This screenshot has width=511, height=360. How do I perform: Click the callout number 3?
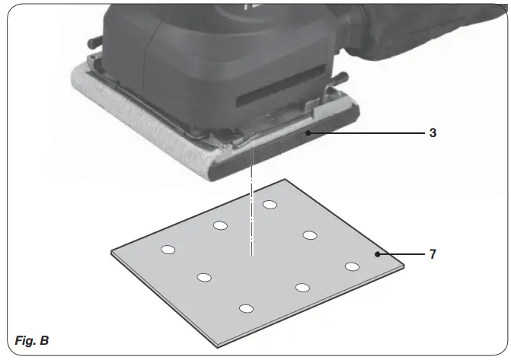pyautogui.click(x=433, y=132)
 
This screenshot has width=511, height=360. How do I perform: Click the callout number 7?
pyautogui.click(x=433, y=254)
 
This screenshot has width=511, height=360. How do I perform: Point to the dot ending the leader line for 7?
pyautogui.click(x=376, y=254)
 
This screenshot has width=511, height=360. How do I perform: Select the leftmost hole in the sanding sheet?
pyautogui.click(x=168, y=250)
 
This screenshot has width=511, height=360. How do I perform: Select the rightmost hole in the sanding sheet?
pyautogui.click(x=352, y=266)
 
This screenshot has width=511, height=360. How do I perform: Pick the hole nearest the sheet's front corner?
pyautogui.click(x=245, y=308)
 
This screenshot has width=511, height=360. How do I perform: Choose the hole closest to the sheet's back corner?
pyautogui.click(x=270, y=204)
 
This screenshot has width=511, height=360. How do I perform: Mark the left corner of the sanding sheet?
pyautogui.click(x=112, y=252)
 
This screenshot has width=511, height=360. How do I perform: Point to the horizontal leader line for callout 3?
pyautogui.click(x=366, y=132)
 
